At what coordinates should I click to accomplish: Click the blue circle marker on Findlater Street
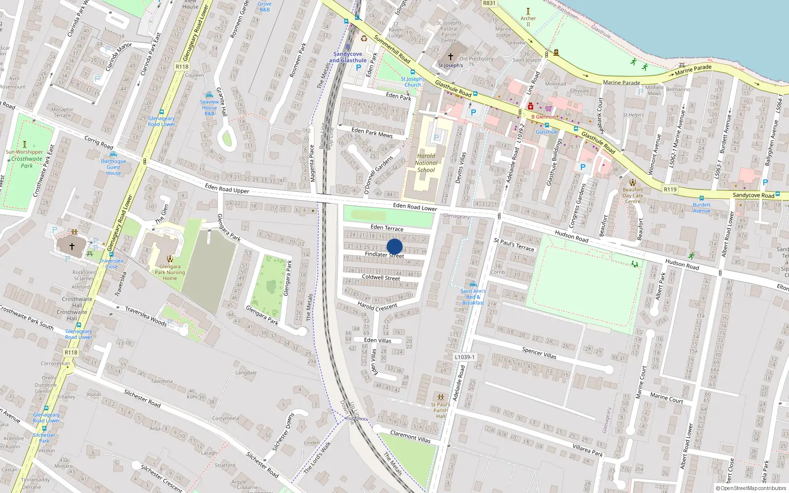(394, 246)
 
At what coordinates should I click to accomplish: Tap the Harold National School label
(426, 163)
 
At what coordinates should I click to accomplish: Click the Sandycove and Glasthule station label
(348, 57)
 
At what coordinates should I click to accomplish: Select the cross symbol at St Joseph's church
(450, 57)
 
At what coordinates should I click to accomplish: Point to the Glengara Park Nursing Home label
(170, 272)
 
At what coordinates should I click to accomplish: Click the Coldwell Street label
(381, 278)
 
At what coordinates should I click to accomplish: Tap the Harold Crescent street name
(377, 307)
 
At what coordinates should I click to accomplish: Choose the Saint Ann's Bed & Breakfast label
(473, 297)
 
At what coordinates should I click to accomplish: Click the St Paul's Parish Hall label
(440, 410)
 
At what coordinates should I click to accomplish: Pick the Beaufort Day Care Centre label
(633, 195)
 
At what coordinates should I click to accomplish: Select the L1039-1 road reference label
(465, 357)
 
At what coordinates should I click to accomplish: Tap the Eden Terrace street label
(387, 228)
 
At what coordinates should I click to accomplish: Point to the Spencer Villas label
(539, 353)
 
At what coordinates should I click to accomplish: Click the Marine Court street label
(666, 398)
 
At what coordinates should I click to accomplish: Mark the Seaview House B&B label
(210, 107)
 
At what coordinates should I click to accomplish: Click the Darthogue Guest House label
(113, 167)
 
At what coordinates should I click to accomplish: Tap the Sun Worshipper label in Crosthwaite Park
(24, 152)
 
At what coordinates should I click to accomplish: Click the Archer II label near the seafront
(528, 21)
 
